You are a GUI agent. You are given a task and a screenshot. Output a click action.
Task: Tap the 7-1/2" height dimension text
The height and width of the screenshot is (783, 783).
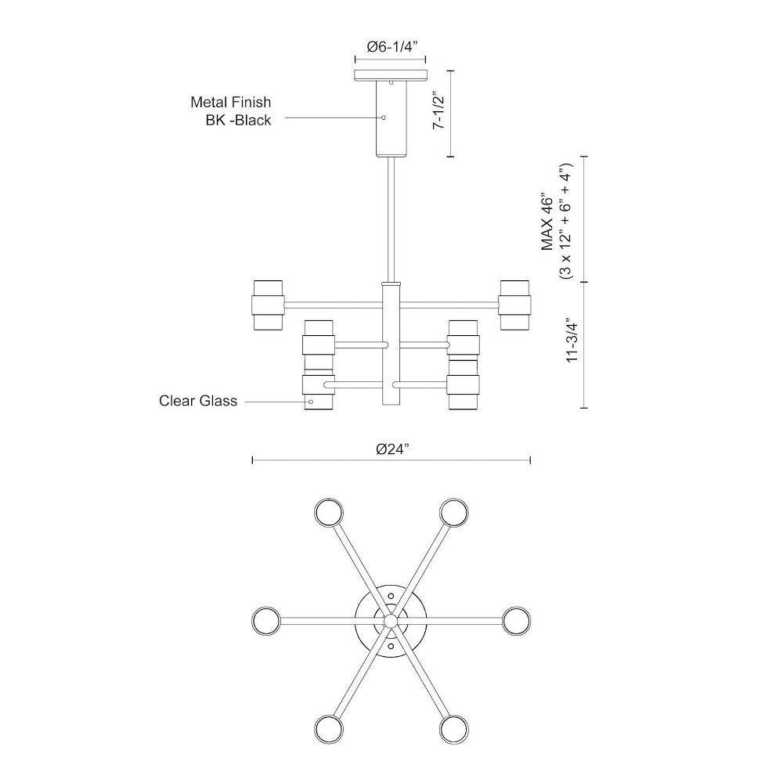[x=439, y=110]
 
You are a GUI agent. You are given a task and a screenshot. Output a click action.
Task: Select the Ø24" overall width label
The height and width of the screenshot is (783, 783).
[x=392, y=449]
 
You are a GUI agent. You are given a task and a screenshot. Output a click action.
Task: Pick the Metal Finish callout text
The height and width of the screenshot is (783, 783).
[x=231, y=102]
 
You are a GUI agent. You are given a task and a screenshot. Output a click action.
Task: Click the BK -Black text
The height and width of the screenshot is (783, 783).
[x=238, y=121]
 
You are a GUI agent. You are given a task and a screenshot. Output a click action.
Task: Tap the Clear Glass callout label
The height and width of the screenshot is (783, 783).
[x=198, y=401]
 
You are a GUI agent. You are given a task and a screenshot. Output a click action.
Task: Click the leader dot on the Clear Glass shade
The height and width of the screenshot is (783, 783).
[x=311, y=402]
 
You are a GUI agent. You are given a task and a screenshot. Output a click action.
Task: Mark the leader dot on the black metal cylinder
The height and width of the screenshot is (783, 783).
[x=384, y=118]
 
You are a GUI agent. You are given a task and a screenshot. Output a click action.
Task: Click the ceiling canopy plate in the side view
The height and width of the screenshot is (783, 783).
[x=391, y=75]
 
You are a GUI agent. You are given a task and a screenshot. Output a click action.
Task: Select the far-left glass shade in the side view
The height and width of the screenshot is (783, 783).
[x=268, y=305]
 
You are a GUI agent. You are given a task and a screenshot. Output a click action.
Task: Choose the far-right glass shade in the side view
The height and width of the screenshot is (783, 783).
[x=515, y=305]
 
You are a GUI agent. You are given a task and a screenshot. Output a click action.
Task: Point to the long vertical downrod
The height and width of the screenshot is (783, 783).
[x=391, y=219]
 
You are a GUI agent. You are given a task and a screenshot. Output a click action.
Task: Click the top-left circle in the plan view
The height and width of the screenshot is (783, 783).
[x=329, y=512]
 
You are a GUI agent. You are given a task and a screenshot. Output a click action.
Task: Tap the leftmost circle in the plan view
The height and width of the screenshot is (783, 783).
[x=266, y=621]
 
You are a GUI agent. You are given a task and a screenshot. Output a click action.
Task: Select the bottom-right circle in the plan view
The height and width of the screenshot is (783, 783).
[x=454, y=730]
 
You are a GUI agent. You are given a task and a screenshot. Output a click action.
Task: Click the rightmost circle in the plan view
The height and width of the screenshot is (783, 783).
[x=516, y=621]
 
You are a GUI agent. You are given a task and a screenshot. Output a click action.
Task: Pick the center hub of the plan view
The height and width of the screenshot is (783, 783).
[x=391, y=621]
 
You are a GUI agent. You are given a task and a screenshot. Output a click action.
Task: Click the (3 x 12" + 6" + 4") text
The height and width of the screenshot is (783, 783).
[x=566, y=221]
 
